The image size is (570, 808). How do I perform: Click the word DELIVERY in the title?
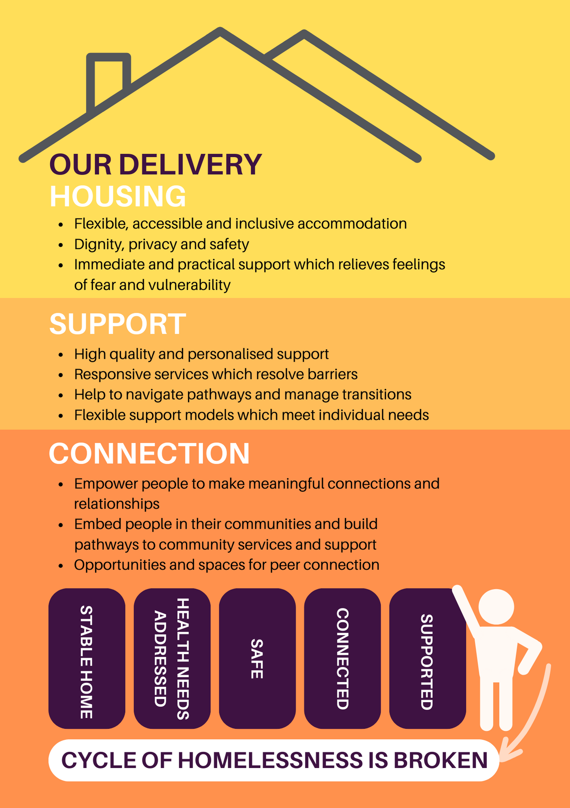point(191,165)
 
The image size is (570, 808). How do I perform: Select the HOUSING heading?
point(118,197)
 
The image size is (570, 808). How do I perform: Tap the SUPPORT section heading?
point(118,324)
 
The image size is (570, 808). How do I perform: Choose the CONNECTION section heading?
point(149,453)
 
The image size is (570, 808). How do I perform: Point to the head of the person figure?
point(496,607)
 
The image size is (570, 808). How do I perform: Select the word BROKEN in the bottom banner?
point(440,760)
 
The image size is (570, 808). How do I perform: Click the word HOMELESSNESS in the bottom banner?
point(270,760)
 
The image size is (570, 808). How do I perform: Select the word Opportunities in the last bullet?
point(119,565)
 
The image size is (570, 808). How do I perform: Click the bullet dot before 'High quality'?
point(61,355)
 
